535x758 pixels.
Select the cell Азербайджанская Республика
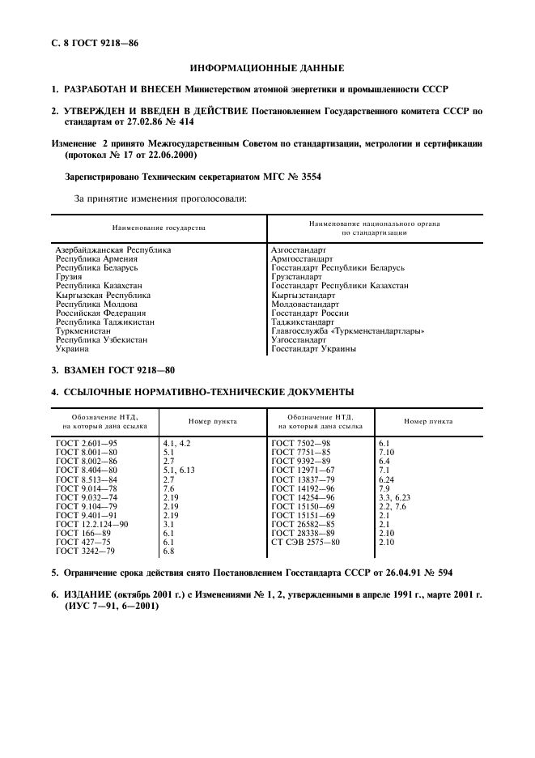coord(113,250)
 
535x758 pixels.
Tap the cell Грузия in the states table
coord(68,277)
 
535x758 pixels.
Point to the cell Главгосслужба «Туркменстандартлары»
coord(348,330)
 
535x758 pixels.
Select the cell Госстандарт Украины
coord(314,349)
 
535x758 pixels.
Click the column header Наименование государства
coord(159,228)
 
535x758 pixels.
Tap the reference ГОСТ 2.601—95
coord(87,443)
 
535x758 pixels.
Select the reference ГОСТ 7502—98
coord(301,443)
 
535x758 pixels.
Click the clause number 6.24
coord(387,479)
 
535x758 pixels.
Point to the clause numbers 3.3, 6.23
coord(394,496)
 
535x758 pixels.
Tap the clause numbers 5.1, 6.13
coord(179,470)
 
